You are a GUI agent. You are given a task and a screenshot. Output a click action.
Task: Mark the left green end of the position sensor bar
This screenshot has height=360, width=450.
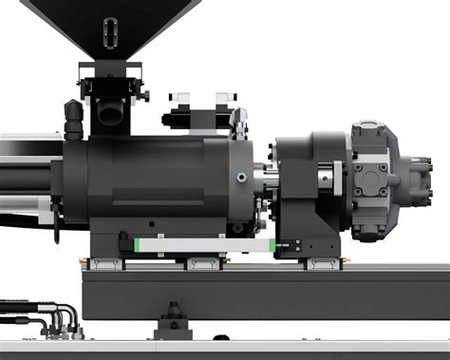pyautogui.click(x=139, y=245)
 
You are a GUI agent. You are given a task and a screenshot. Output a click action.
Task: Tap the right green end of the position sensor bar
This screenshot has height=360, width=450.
pyautogui.click(x=272, y=246)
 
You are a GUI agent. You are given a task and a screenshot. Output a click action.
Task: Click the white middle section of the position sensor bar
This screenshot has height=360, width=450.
pyautogui.click(x=204, y=245)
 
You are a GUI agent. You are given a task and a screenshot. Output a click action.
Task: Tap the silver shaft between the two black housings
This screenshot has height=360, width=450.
pyautogui.click(x=267, y=177)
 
